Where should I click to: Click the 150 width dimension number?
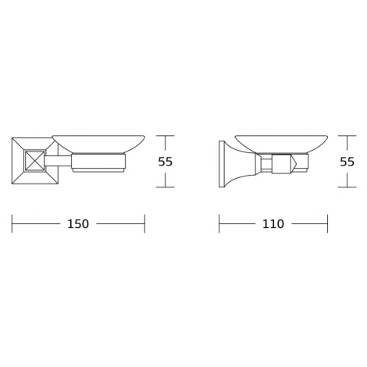click(78, 224)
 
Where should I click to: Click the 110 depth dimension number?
click(273, 224)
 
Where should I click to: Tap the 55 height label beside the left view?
click(166, 162)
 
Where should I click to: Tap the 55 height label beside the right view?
click(347, 162)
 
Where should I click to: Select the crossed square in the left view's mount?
click(34, 161)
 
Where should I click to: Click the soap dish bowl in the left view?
click(98, 144)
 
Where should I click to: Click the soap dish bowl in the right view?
click(281, 144)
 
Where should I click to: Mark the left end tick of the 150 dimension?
click(12, 224)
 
